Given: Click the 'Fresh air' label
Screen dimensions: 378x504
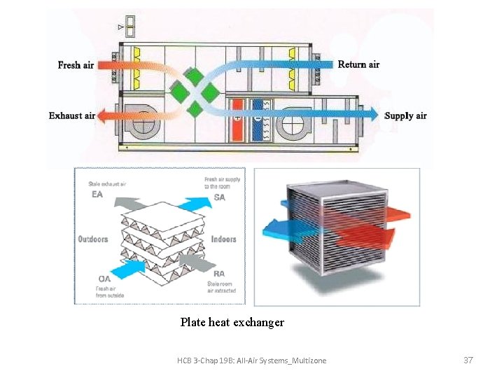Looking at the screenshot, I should coord(76,65).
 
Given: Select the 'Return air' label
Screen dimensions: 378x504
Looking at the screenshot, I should coord(358,64).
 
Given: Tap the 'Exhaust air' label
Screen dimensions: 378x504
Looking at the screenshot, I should coord(71,115).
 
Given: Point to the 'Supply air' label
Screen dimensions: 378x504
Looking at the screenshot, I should coord(406,115).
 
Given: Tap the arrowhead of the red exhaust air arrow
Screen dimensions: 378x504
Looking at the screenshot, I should coord(102,115).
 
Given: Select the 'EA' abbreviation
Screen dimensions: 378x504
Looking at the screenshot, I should coord(97,194).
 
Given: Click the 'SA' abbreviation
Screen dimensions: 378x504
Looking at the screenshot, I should coord(219,197).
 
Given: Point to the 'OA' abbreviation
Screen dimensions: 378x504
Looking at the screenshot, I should coord(104,279).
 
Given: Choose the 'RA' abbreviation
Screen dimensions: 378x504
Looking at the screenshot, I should coord(219,274).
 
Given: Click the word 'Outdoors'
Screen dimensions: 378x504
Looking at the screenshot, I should coord(93,239).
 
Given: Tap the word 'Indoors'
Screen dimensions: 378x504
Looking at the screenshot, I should coord(223,239).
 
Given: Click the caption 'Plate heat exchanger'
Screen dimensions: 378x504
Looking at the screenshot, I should coord(232,323).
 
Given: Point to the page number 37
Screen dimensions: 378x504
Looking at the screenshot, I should coord(468,360).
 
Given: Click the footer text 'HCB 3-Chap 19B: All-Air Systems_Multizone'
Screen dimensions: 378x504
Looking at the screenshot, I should coord(251,360).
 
